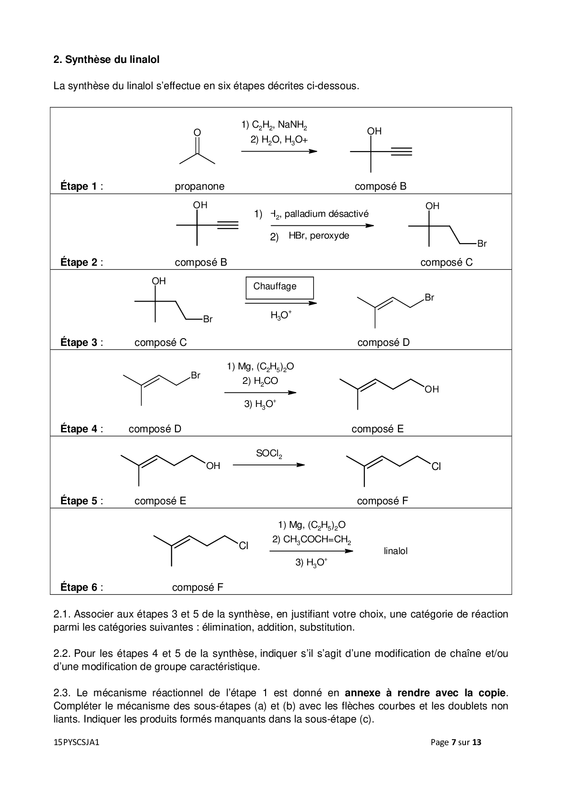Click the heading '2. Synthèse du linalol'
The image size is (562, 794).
[107, 59]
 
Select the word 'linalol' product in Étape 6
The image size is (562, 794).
[396, 551]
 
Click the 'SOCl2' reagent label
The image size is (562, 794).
[269, 454]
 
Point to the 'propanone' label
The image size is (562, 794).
[199, 186]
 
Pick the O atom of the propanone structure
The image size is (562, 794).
[197, 132]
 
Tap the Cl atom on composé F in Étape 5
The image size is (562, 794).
[436, 467]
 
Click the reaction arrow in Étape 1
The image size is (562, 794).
[279, 151]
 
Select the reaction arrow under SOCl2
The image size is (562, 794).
[268, 465]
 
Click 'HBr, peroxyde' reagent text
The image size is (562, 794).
[319, 236]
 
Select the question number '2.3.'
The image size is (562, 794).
[63, 693]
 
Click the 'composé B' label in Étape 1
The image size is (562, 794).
[380, 186]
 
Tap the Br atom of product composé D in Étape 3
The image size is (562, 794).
[429, 298]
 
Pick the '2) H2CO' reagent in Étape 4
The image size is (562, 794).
[260, 381]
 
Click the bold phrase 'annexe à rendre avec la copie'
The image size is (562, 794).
[425, 693]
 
